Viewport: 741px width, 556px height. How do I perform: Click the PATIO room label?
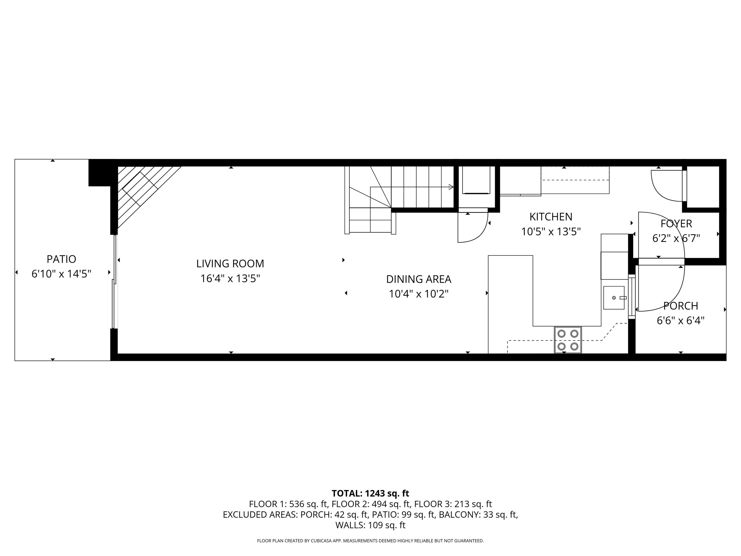click(61, 259)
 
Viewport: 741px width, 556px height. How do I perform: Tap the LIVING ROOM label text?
click(230, 264)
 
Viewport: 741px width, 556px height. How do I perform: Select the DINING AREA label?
click(419, 279)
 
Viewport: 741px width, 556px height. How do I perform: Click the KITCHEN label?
click(551, 217)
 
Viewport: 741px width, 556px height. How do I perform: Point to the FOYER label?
click(676, 223)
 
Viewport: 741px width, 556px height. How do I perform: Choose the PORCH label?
click(680, 306)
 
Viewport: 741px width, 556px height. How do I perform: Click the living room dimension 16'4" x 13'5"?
click(230, 278)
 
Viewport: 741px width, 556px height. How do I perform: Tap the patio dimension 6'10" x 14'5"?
click(61, 274)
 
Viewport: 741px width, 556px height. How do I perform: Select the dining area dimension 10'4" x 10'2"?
click(419, 294)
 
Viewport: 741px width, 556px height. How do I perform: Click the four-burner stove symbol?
click(568, 340)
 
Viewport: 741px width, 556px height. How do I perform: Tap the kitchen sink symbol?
click(614, 298)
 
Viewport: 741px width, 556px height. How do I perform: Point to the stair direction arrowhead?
click(451, 187)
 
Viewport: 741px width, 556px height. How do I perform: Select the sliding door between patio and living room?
click(114, 282)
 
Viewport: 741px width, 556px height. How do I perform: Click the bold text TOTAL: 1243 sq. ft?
click(370, 493)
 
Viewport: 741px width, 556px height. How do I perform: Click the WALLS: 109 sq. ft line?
click(370, 525)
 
